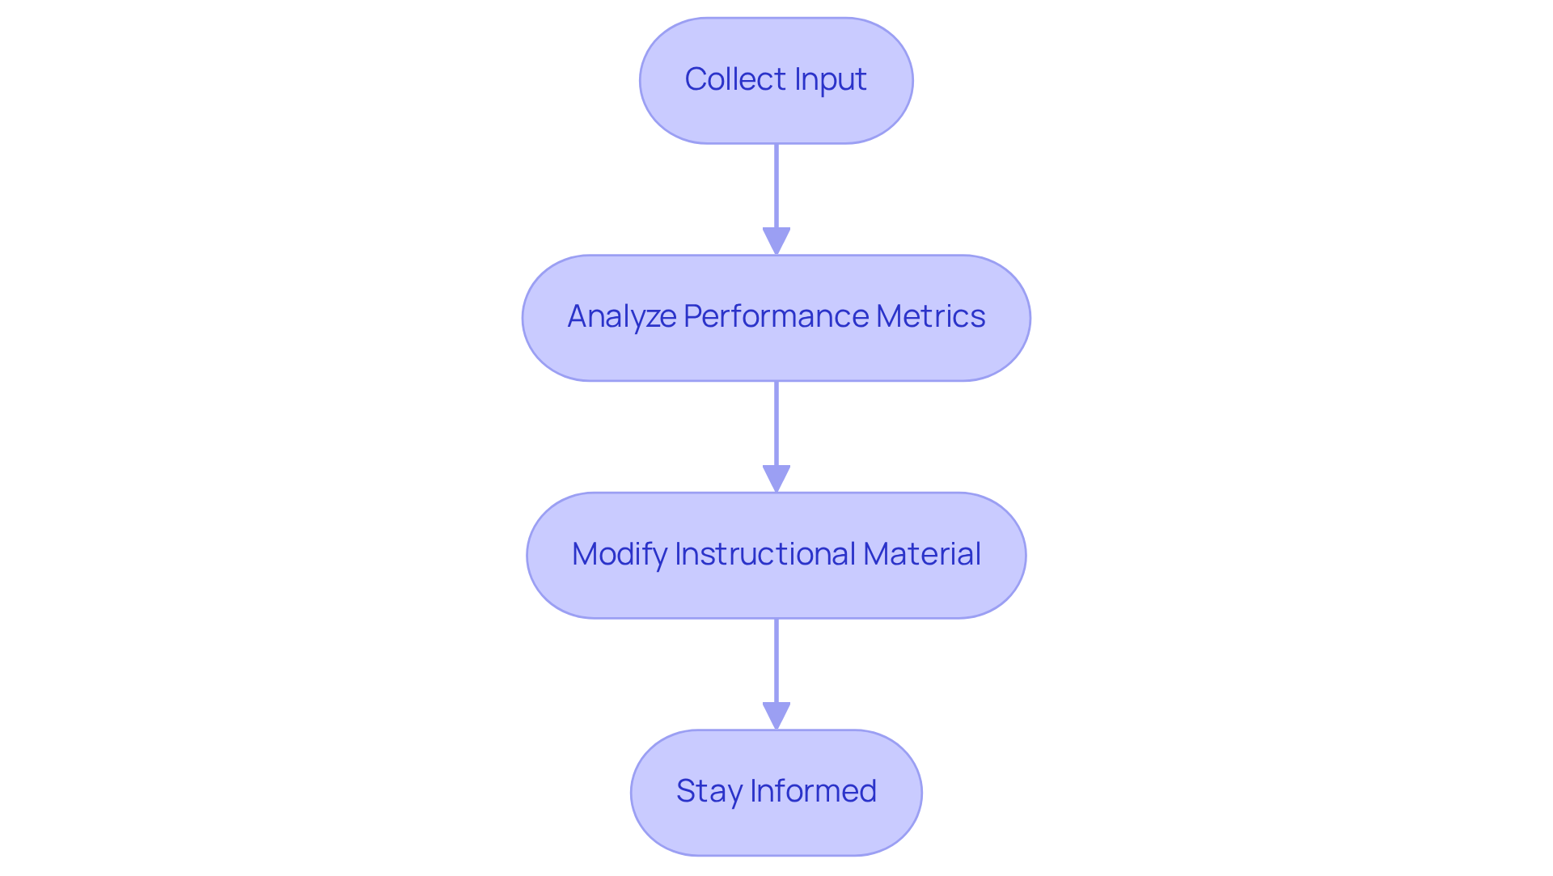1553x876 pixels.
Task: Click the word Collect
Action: click(735, 79)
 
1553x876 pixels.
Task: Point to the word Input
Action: click(830, 79)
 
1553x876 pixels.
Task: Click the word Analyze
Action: click(621, 316)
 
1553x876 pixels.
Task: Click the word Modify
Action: click(619, 554)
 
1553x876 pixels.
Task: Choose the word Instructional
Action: click(764, 554)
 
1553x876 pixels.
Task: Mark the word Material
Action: click(921, 554)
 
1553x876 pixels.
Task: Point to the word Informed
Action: click(813, 791)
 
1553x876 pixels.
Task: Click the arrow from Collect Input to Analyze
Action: click(776, 190)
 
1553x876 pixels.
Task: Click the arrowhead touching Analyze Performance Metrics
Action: click(776, 242)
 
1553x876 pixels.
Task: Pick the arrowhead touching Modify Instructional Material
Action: click(776, 479)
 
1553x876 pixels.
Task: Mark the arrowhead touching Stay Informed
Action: click(776, 716)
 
